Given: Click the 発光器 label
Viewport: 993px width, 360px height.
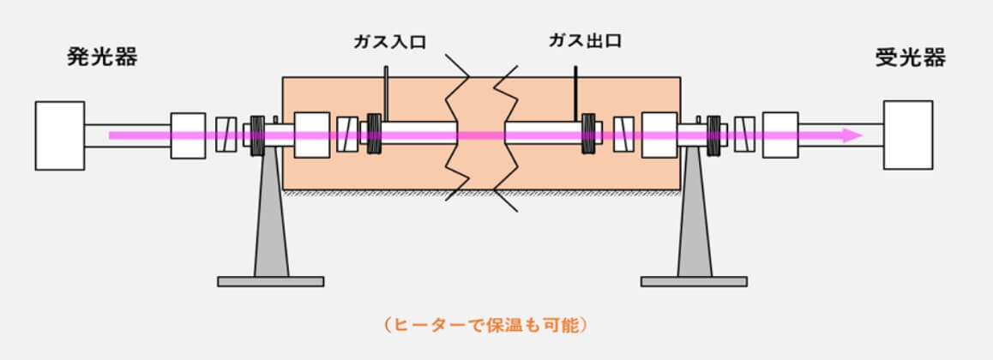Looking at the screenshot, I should [x=102, y=57].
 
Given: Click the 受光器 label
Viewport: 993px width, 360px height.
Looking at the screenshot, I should [x=910, y=57].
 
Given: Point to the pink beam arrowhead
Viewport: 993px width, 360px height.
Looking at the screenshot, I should [x=851, y=135].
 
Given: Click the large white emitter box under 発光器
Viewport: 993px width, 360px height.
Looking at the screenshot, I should [x=60, y=135].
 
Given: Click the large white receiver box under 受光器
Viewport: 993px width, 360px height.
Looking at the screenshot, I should [x=908, y=135].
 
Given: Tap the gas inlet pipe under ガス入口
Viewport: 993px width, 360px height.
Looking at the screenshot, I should [x=388, y=94].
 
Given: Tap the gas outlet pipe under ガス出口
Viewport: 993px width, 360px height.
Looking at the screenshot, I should [x=575, y=94].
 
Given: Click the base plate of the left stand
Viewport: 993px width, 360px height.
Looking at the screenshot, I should [x=270, y=281].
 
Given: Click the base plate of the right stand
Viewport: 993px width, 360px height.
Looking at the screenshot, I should [x=694, y=281].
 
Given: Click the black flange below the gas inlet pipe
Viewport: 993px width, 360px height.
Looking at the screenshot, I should [x=374, y=135].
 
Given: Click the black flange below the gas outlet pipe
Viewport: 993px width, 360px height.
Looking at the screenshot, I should [x=588, y=135].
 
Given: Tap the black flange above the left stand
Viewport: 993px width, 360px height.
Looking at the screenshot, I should [x=256, y=135].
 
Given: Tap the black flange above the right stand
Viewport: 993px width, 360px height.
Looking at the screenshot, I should [x=713, y=135].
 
